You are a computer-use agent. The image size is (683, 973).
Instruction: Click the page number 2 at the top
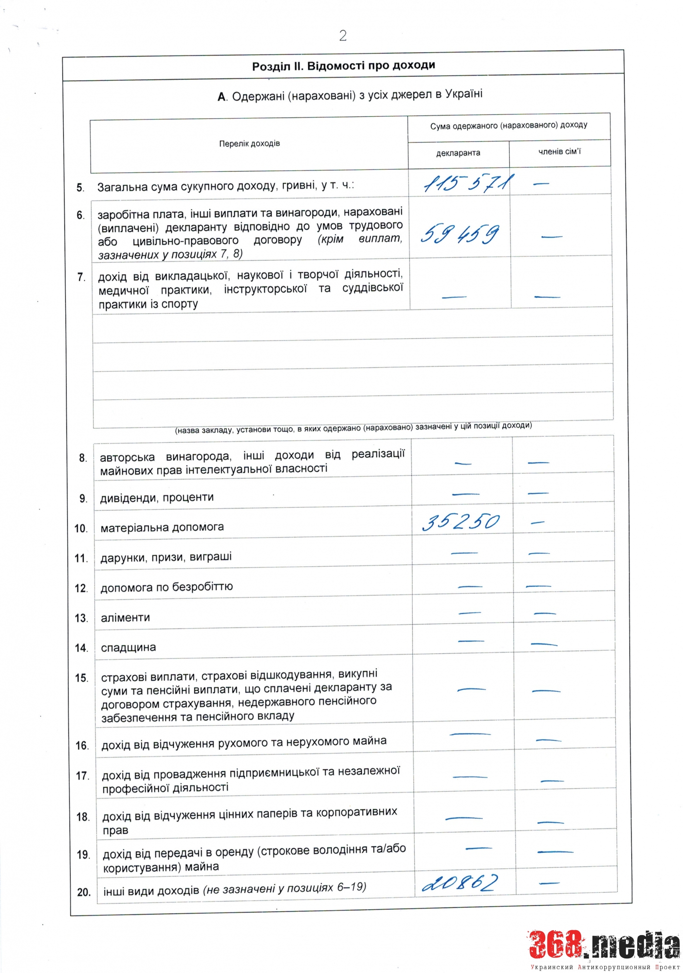pos(343,36)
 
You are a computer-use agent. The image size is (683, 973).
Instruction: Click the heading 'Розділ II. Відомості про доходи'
pos(343,66)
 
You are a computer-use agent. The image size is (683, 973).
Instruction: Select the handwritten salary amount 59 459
pos(460,234)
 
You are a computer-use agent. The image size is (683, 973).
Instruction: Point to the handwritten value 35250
pos(461,522)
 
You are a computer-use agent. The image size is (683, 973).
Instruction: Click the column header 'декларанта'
pos(458,153)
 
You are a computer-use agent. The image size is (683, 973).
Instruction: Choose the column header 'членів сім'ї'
pos(559,152)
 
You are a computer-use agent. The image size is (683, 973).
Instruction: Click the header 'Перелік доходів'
pos(249,144)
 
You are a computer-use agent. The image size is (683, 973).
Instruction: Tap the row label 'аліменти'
pos(125,618)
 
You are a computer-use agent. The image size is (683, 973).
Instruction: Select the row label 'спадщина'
pos(128,648)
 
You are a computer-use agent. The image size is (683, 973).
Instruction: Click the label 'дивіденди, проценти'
pos(157,498)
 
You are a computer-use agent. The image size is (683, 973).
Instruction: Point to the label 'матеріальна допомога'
pos(162,527)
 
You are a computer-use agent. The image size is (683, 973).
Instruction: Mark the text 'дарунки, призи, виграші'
pos(166,557)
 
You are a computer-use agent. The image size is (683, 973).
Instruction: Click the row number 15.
pos(81,678)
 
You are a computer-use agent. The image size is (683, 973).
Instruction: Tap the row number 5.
pos(80,188)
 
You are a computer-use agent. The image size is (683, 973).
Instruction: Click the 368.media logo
pos(604,946)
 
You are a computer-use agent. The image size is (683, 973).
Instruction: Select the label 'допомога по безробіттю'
pos(166,587)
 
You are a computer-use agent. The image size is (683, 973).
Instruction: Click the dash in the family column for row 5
pos(541,184)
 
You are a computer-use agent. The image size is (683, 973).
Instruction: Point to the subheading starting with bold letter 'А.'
pos(350,95)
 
